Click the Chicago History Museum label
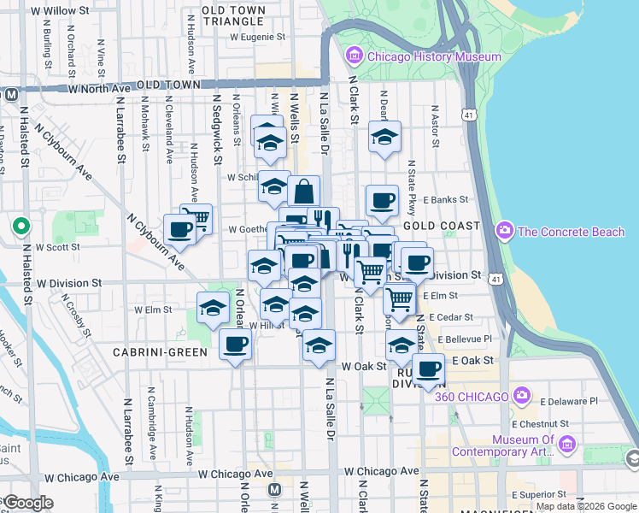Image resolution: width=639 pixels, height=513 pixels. (x=433, y=56)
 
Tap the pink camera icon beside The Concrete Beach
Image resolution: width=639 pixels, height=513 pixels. (x=505, y=231)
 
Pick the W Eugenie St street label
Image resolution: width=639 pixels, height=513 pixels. (x=257, y=38)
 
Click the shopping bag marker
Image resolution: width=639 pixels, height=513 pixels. (x=303, y=192)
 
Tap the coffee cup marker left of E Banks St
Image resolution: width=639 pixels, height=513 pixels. (x=382, y=202)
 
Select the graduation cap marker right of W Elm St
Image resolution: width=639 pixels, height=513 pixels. (x=213, y=309)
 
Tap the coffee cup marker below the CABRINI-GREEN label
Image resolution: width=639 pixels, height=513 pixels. (x=235, y=346)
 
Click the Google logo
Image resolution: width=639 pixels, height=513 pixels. (x=27, y=503)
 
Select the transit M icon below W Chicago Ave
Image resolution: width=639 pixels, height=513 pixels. (x=274, y=489)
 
